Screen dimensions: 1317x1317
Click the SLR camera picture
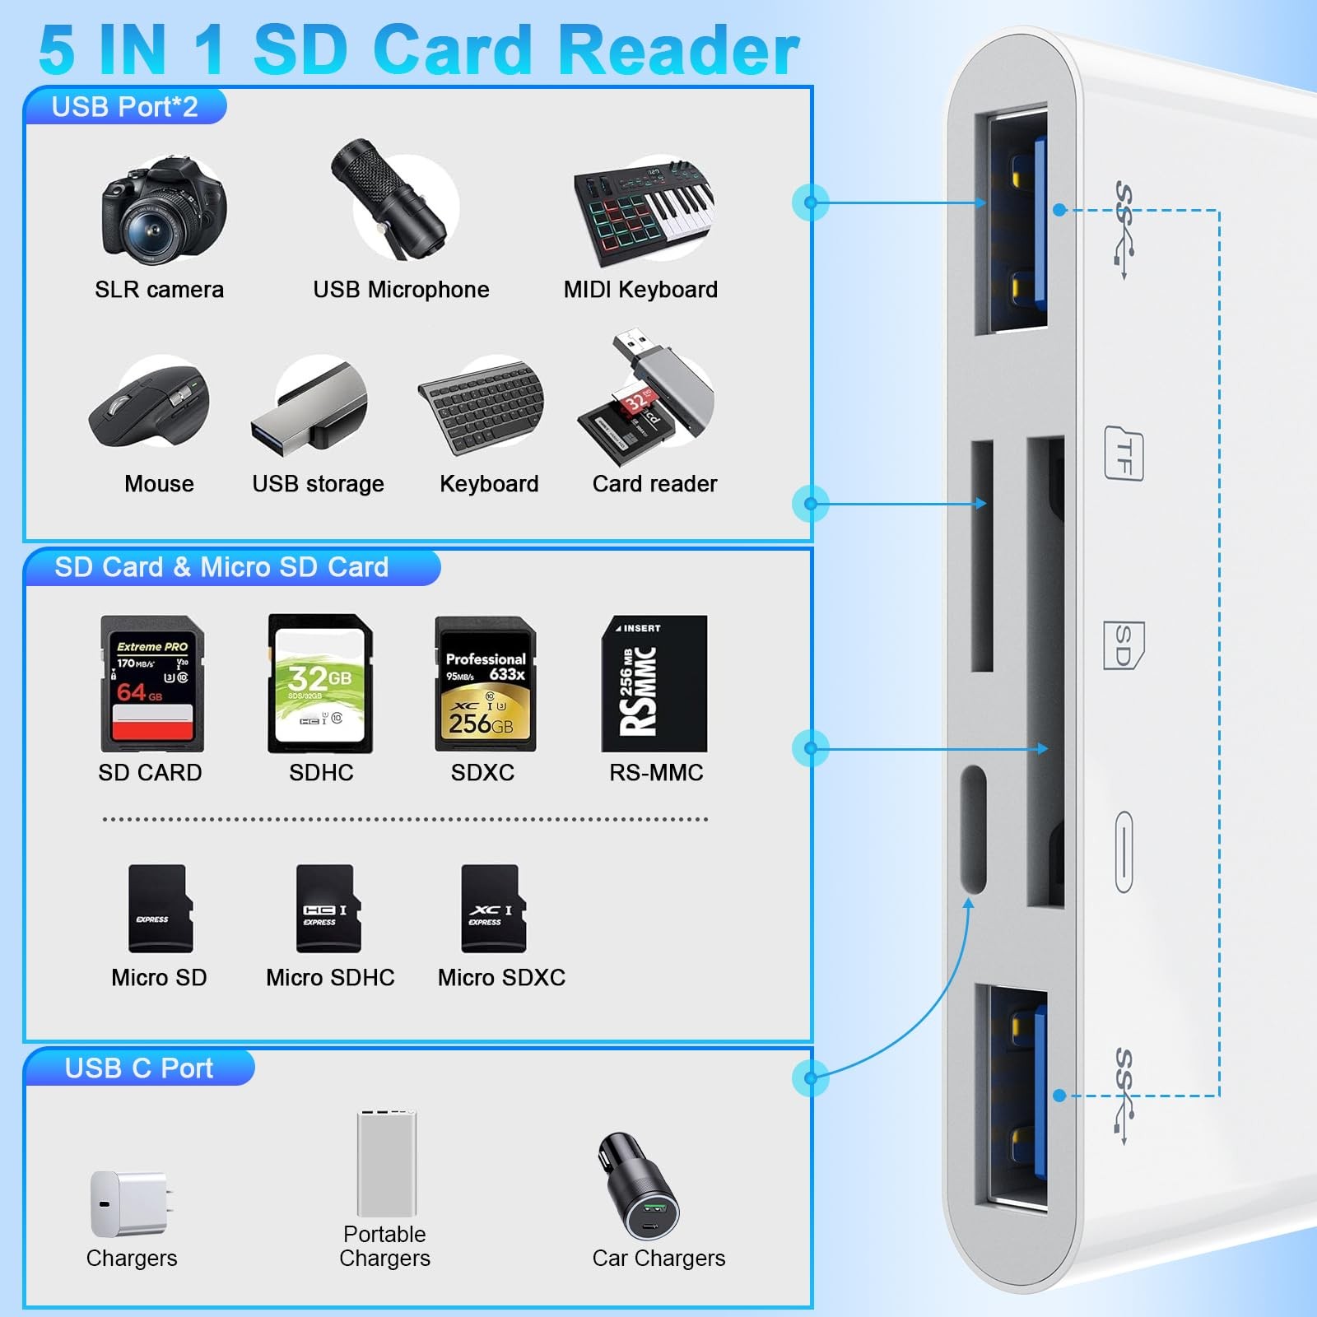pyautogui.click(x=163, y=212)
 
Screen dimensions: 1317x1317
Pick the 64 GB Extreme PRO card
pyautogui.click(x=152, y=683)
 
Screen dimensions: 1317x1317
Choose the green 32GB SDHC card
pyautogui.click(x=320, y=683)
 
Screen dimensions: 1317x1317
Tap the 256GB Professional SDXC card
pyautogui.click(x=486, y=683)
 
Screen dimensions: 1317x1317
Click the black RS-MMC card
pyautogui.click(x=654, y=683)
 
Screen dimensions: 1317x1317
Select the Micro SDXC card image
pyautogui.click(x=492, y=908)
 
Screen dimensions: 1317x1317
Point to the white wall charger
pyautogui.click(x=130, y=1204)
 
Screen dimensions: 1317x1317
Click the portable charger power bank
pyautogui.click(x=387, y=1163)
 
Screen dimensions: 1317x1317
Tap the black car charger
pyautogui.click(x=640, y=1188)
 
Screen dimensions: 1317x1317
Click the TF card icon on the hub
pyautogui.click(x=1124, y=454)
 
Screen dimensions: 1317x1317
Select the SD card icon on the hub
pyautogui.click(x=1124, y=645)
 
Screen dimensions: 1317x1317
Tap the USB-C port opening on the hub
pyautogui.click(x=974, y=829)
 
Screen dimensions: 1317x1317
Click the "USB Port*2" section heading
pyautogui.click(x=125, y=107)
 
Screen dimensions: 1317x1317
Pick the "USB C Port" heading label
pyautogui.click(x=139, y=1068)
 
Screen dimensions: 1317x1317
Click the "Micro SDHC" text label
pyautogui.click(x=330, y=977)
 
